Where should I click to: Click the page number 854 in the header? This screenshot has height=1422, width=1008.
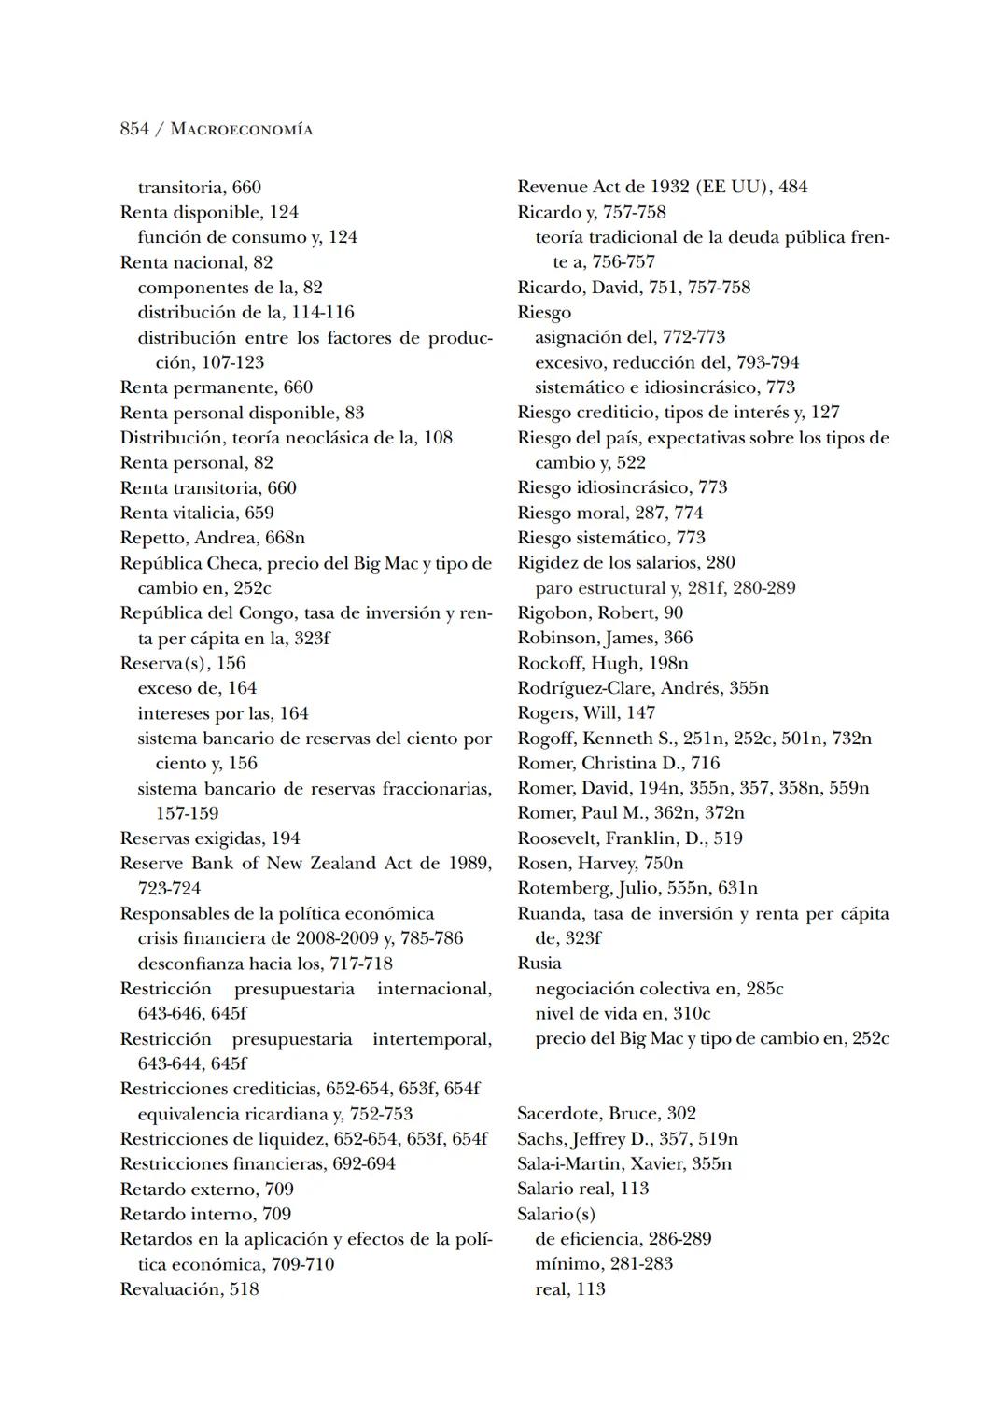[x=134, y=129]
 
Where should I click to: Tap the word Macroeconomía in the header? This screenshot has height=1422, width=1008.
[x=242, y=130]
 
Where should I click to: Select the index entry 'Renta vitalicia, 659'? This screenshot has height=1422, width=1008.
[x=197, y=513]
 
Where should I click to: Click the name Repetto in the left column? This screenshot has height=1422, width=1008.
[x=153, y=538]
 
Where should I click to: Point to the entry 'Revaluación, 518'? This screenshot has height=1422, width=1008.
[x=189, y=1289]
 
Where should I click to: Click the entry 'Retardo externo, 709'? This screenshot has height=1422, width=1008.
[x=206, y=1190]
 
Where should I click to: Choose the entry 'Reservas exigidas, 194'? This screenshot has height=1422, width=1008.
[x=210, y=838]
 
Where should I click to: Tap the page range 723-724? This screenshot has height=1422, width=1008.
[x=169, y=888]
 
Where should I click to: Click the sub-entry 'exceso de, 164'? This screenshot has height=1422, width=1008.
[x=197, y=688]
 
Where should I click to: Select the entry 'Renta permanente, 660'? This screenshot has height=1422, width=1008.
[x=217, y=387]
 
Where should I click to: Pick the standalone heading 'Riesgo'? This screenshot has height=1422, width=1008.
[x=544, y=312]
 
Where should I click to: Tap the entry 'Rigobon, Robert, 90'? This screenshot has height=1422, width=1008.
[x=600, y=612]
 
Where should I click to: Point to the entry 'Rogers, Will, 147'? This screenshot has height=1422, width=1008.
[x=586, y=713]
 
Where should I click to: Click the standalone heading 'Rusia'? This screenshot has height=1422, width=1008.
[x=539, y=963]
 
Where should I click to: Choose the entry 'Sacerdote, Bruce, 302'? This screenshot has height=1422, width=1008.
[x=607, y=1113]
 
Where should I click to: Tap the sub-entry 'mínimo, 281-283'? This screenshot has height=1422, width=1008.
[x=604, y=1263]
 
